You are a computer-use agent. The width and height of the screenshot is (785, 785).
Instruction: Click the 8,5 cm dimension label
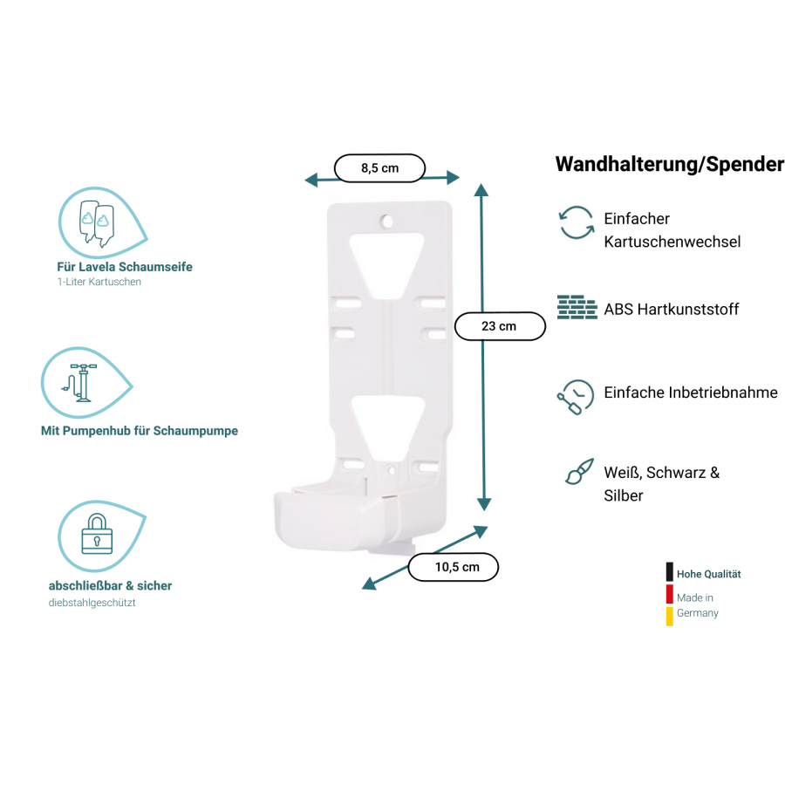pos(380,168)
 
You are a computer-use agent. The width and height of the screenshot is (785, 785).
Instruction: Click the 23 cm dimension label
pos(500,326)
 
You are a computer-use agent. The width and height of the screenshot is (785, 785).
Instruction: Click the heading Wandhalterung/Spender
pos(670,164)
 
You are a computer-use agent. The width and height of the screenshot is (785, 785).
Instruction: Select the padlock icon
pos(97,534)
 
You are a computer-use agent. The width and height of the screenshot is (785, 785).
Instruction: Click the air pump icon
pos(81,383)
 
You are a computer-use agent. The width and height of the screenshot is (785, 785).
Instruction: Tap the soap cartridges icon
pos(97,223)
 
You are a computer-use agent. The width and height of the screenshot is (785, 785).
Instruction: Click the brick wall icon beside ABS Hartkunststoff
pos(577,307)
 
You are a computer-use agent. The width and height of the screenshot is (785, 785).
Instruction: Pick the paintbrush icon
pos(579,472)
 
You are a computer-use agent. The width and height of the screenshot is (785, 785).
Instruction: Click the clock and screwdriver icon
pos(576,397)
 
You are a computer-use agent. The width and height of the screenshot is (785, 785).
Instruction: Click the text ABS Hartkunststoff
pos(672,310)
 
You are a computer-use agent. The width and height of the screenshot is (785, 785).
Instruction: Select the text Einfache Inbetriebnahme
pos(691,392)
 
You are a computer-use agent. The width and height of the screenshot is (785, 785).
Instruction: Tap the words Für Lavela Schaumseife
pos(125,267)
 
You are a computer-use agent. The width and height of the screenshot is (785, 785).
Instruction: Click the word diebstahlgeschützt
pos(92,603)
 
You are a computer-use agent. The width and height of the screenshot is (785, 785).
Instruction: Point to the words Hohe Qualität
pos(708,574)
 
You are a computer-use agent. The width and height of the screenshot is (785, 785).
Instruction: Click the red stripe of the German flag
pos(669,594)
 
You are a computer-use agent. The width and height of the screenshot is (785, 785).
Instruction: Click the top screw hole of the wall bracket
pos(386,221)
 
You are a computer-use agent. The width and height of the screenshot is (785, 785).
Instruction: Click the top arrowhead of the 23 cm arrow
pos(481,189)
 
